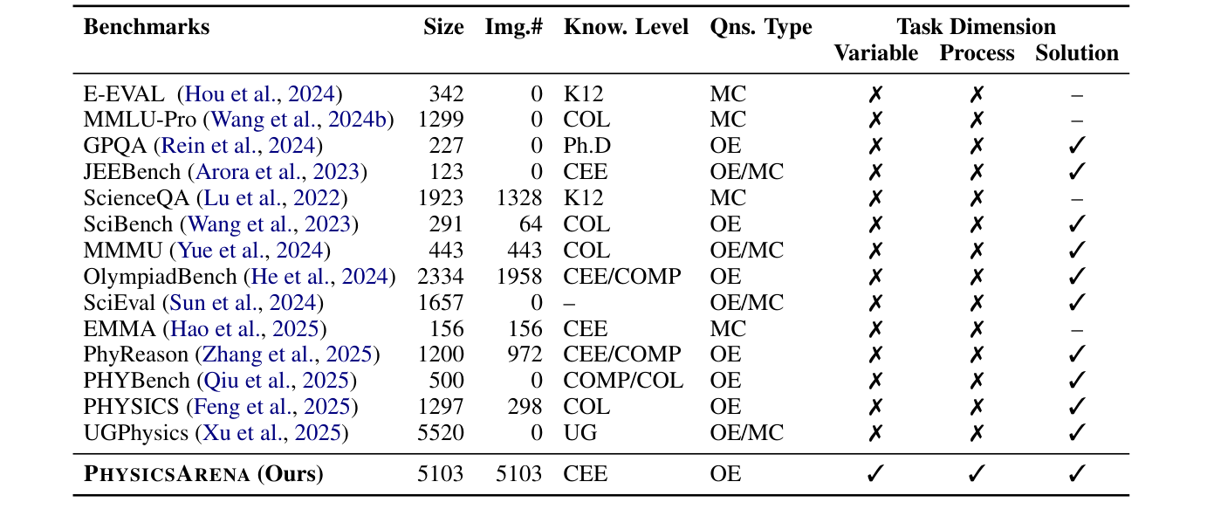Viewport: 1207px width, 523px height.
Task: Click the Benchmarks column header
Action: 147,27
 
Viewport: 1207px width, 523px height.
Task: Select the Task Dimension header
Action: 976,27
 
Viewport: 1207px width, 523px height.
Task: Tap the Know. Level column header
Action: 626,27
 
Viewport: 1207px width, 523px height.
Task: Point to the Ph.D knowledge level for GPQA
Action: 587,146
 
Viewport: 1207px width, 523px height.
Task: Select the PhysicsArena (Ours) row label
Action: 203,474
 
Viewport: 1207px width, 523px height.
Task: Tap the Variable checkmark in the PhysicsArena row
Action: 875,474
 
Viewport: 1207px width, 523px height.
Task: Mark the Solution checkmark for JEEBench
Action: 1076,172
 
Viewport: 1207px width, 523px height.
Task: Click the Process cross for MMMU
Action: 977,251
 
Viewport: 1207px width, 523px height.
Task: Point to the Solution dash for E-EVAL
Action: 1076,94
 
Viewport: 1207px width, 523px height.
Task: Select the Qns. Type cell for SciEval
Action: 746,303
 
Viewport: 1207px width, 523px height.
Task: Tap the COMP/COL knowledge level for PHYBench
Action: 623,382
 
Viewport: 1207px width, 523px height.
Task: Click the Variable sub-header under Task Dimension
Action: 875,53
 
